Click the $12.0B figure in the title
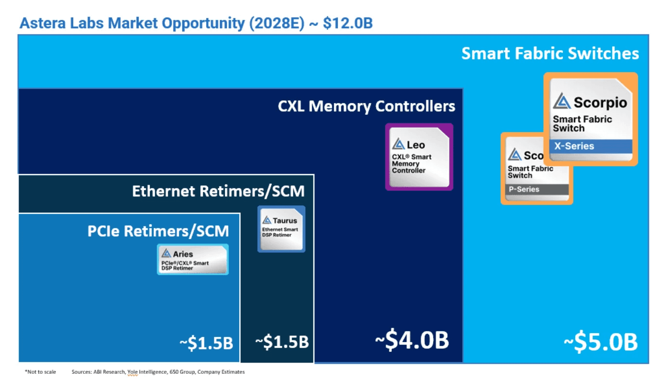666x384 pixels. [x=348, y=23]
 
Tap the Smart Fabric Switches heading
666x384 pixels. [x=550, y=53]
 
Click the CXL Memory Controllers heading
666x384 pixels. [x=367, y=106]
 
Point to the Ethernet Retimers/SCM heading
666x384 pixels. [x=218, y=191]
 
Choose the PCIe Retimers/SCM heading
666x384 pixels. [x=158, y=231]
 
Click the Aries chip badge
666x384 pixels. [x=193, y=260]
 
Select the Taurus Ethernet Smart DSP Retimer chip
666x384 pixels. [x=281, y=228]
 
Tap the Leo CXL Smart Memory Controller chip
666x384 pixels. [x=419, y=157]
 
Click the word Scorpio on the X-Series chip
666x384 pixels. [x=600, y=103]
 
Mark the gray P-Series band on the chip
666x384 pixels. [x=537, y=189]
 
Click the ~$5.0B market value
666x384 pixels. [x=600, y=342]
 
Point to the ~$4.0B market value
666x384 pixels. [x=411, y=341]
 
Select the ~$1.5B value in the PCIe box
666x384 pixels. [x=206, y=343]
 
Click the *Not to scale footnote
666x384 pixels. [x=40, y=372]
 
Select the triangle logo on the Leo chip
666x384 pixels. [x=399, y=144]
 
